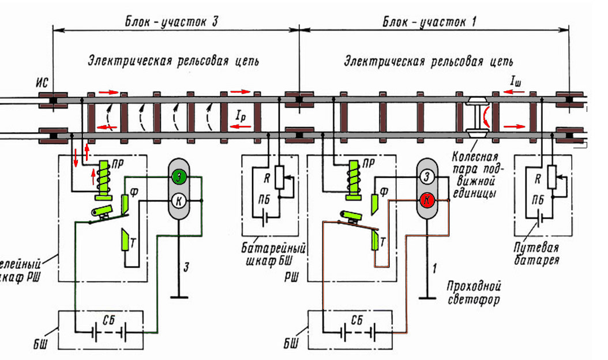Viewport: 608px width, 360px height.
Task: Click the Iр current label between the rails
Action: [x=241, y=115]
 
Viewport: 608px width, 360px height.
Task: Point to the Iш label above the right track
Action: [x=516, y=82]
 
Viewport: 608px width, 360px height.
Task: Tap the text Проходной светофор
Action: [x=472, y=292]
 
